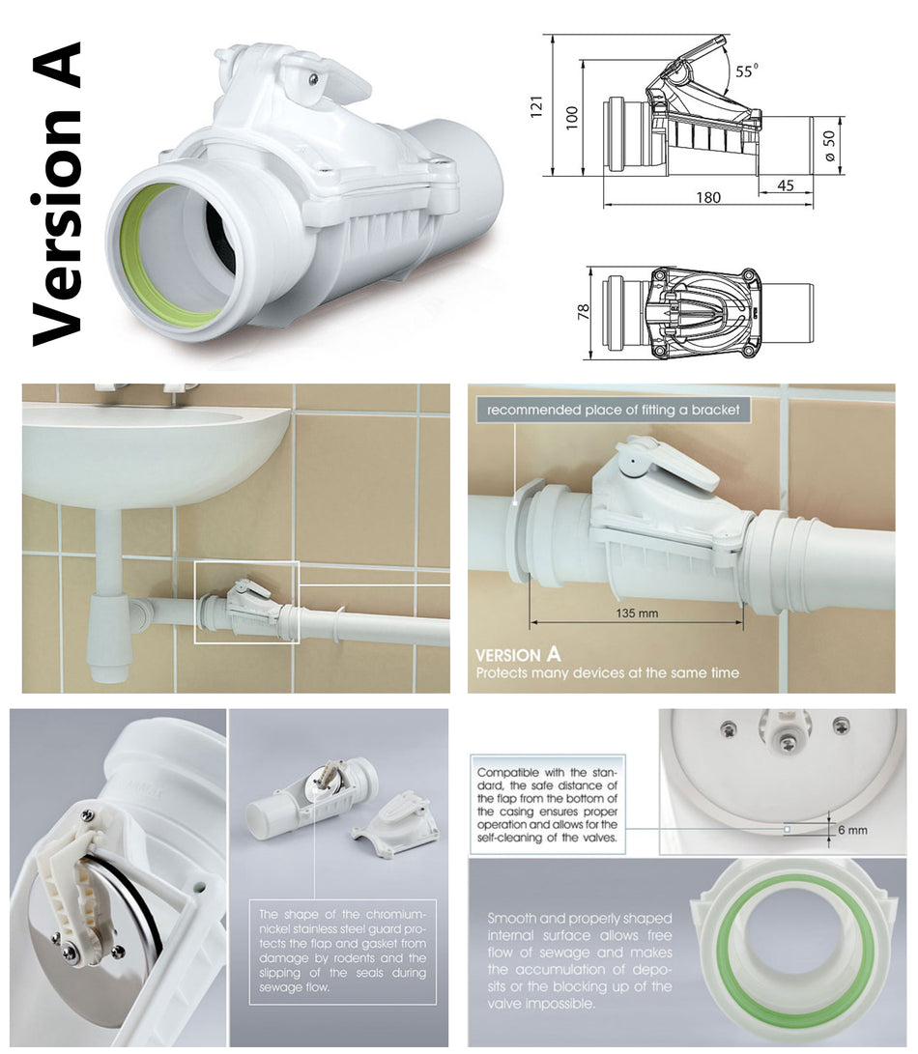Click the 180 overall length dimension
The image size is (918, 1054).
click(707, 197)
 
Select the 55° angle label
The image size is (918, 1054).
click(747, 70)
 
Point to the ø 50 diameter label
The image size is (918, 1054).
click(829, 145)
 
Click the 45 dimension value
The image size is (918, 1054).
click(784, 185)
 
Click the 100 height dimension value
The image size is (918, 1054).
click(572, 117)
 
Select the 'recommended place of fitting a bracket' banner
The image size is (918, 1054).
click(614, 411)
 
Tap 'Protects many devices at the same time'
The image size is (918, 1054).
click(607, 672)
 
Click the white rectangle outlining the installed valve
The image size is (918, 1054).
click(246, 602)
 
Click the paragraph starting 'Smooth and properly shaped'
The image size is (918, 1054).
click(579, 960)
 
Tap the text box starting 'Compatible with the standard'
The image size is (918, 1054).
click(547, 806)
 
